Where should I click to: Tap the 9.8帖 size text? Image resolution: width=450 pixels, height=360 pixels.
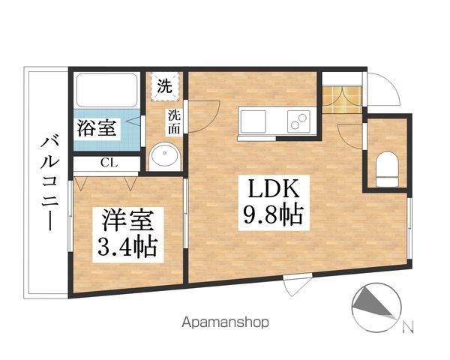271,216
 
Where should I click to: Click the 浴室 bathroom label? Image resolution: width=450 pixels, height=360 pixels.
97,128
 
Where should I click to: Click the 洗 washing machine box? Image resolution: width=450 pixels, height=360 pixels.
163,85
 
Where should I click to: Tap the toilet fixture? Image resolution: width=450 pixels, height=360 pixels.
387,169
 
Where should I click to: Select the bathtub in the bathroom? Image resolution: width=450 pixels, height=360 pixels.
104,91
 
